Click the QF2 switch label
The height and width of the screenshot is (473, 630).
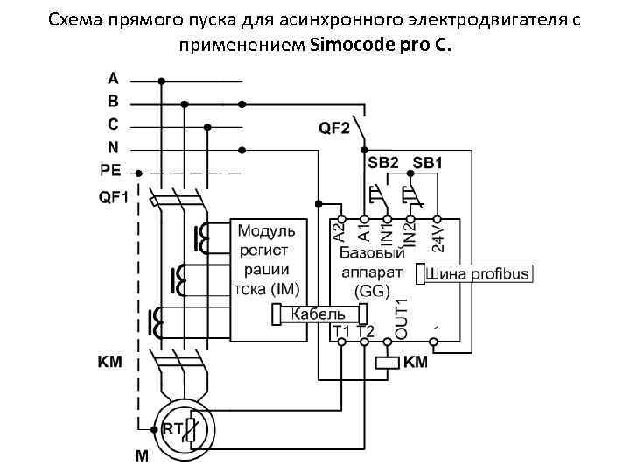pyautogui.click(x=333, y=129)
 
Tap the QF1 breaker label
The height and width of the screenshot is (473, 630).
pyautogui.click(x=112, y=197)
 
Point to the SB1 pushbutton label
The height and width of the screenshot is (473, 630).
pyautogui.click(x=427, y=163)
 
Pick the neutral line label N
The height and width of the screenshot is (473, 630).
pyautogui.click(x=113, y=147)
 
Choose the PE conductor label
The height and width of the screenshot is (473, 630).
pyautogui.click(x=111, y=170)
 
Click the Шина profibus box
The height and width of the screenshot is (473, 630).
pyautogui.click(x=477, y=274)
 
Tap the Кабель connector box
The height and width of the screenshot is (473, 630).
pyautogui.click(x=316, y=313)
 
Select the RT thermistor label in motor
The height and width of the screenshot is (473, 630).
pyautogui.click(x=171, y=429)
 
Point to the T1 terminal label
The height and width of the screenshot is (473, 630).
pyautogui.click(x=341, y=331)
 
